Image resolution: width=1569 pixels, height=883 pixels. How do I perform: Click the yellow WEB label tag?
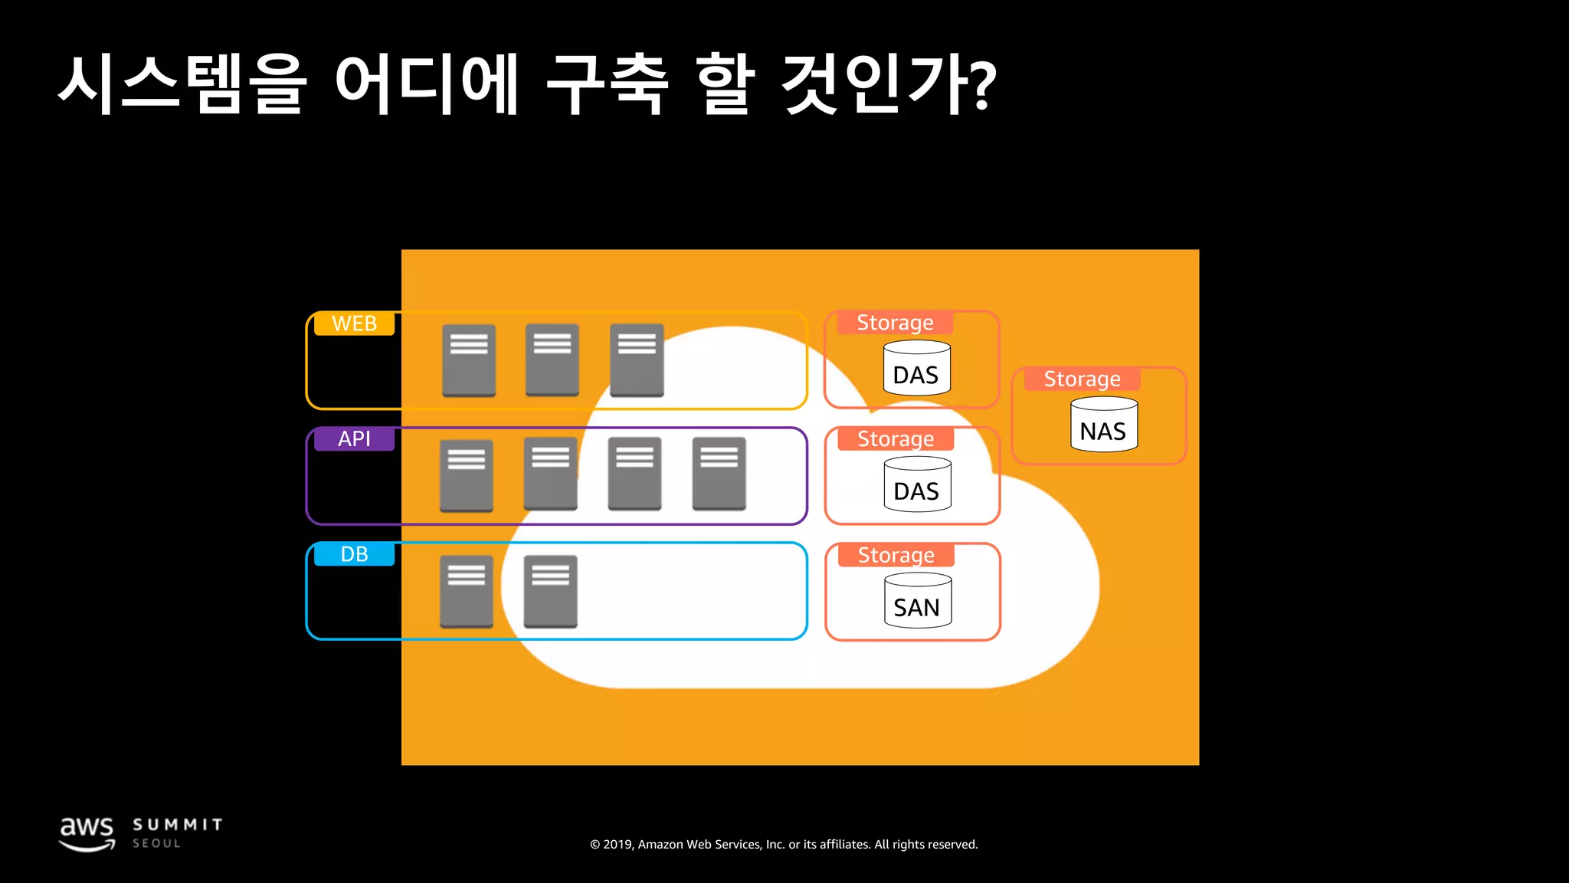(x=354, y=323)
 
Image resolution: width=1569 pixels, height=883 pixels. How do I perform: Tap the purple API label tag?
(x=354, y=439)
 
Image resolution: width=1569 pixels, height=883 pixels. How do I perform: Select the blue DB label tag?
(x=354, y=554)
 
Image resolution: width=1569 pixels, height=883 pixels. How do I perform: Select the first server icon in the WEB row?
(x=469, y=360)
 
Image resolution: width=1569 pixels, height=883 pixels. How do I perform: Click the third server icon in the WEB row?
(x=637, y=360)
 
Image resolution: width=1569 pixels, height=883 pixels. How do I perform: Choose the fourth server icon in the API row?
(x=719, y=474)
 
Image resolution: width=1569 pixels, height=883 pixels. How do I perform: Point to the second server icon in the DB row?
(x=550, y=591)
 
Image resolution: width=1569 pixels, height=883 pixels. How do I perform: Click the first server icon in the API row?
(x=466, y=475)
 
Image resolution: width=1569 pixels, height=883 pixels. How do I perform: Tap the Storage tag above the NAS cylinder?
(x=1082, y=379)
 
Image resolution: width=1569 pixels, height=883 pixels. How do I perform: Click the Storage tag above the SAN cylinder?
(x=896, y=555)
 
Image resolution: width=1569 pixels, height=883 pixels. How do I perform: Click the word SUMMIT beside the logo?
(x=178, y=825)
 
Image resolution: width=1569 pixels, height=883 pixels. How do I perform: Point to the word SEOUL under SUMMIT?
(x=156, y=843)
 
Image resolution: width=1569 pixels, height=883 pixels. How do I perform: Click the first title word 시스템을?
(x=182, y=84)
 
